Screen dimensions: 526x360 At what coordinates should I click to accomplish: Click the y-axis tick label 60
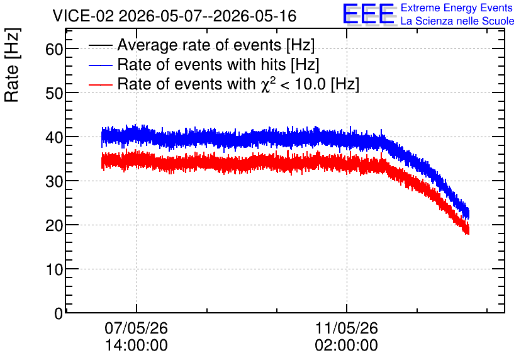[54, 49]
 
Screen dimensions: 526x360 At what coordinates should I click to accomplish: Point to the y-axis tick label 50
[54, 93]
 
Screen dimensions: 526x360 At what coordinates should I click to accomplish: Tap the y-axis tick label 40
[54, 137]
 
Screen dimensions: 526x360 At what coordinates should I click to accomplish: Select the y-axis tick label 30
[54, 181]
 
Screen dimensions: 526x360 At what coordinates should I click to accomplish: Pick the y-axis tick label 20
[54, 225]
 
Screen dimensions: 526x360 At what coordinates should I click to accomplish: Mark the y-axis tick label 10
[54, 269]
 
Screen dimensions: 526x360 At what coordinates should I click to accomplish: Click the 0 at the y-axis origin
[59, 313]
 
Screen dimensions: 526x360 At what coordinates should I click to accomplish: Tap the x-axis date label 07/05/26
[136, 328]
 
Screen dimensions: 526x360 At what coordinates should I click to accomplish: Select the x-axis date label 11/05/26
[347, 328]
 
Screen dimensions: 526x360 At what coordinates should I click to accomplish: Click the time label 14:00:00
[136, 346]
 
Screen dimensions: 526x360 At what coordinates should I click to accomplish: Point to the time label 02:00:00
[347, 346]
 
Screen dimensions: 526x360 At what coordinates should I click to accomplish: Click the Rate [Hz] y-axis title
[12, 65]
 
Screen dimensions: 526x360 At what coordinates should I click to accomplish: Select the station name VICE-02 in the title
[84, 16]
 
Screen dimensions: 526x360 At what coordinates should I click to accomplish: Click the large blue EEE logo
[369, 14]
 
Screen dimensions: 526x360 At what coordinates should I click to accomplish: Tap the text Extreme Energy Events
[457, 8]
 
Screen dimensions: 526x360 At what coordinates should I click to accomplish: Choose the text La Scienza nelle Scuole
[457, 21]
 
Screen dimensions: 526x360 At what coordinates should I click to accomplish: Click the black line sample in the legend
[100, 45]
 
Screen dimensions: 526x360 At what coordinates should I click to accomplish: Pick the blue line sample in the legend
[100, 65]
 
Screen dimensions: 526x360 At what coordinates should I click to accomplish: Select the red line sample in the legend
[100, 84]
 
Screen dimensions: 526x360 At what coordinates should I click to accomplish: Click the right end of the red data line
[468, 231]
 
